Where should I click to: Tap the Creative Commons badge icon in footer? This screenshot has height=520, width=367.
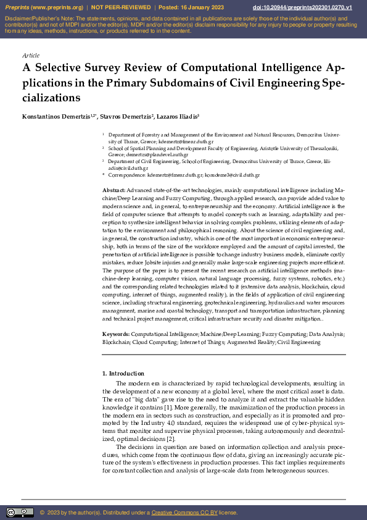[20, 512]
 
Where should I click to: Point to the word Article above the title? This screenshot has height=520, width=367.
[30, 56]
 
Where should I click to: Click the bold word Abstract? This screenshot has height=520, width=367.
[114, 190]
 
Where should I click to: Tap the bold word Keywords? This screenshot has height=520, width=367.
[116, 334]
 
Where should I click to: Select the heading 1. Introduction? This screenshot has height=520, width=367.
[123, 373]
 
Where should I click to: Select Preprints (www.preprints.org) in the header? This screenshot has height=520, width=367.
[43, 7]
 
